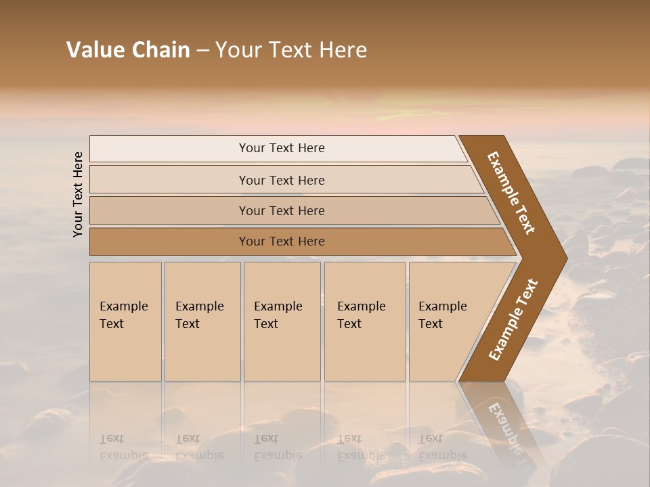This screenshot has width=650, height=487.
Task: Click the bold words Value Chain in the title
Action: coord(128,50)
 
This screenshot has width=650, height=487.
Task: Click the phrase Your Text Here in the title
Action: coord(291,50)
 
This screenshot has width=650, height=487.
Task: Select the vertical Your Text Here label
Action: coord(78,194)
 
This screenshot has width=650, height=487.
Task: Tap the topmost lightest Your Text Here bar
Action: coord(281,148)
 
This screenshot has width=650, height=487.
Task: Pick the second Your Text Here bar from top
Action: coord(281,180)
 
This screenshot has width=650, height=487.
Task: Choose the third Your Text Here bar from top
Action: coord(281,210)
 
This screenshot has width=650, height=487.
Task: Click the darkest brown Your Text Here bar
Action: coord(281,241)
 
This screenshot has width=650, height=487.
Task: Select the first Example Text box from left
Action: coord(125,321)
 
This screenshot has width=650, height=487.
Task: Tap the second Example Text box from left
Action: coord(202,321)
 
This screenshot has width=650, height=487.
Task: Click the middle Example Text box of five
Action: coord(282,321)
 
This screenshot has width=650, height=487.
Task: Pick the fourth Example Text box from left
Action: coord(364,321)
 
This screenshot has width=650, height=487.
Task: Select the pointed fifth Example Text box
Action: coord(447,321)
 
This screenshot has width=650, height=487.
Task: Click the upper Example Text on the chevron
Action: coord(511,193)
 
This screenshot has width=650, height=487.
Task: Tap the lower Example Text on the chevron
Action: coord(513,319)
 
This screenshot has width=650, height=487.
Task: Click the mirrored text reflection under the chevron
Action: coord(504,426)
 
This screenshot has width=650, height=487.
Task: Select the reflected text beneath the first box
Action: coord(123,447)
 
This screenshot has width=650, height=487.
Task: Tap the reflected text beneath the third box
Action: coord(278,447)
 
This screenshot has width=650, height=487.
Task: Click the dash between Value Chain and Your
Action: coord(202,51)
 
